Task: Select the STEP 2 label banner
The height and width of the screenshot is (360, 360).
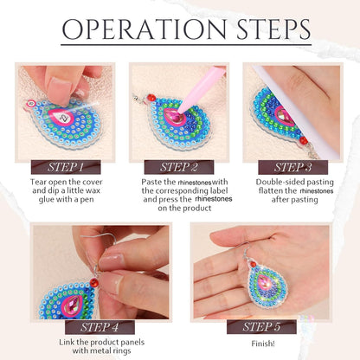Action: click(x=179, y=166)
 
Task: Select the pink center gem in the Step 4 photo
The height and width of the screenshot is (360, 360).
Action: click(x=70, y=291)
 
